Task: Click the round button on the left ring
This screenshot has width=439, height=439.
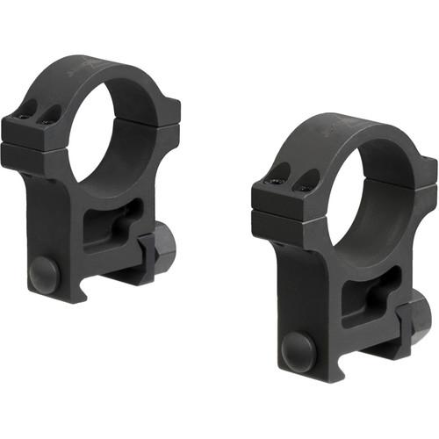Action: click(x=45, y=273)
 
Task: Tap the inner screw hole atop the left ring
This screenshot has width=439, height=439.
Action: click(x=52, y=112)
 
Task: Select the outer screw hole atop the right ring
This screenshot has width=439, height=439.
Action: click(x=279, y=173)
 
